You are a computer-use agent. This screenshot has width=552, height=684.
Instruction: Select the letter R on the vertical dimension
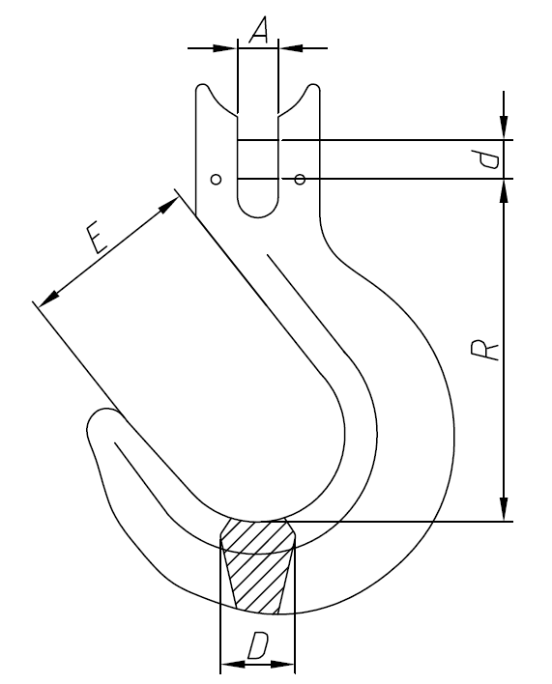(490, 349)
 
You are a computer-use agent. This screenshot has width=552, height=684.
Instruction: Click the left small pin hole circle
(217, 179)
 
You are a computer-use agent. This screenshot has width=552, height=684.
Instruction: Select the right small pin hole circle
(300, 179)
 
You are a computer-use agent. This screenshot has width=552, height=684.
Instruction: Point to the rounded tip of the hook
(99, 425)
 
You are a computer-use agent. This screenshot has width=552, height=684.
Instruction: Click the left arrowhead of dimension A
(226, 46)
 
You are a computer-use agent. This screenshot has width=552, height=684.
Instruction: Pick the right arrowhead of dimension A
(289, 46)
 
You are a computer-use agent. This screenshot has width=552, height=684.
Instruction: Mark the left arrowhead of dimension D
(230, 665)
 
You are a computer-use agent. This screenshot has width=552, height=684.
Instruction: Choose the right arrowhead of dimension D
(285, 665)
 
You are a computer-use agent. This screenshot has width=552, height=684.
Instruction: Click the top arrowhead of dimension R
(503, 189)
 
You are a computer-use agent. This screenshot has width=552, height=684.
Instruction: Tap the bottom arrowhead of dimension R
(503, 510)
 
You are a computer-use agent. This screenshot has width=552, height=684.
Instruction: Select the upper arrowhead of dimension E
(169, 204)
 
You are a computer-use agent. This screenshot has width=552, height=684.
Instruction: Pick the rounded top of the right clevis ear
(313, 90)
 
